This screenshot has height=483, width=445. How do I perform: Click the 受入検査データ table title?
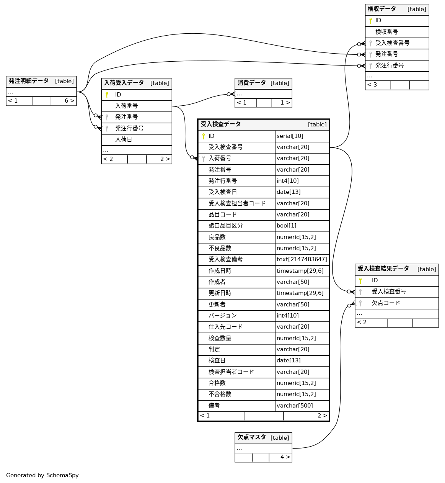[221, 124]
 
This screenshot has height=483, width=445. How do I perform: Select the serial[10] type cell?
[290, 136]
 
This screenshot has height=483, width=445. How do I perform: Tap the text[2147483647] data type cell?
[302, 259]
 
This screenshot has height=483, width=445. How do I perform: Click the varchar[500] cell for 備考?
[294, 405]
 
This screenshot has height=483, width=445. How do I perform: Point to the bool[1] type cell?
[286, 226]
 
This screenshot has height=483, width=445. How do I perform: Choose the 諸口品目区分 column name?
[225, 226]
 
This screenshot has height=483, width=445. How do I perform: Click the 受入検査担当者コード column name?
[236, 203]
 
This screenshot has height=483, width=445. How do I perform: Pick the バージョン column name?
[222, 316]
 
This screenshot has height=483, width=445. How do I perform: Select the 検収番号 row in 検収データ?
[386, 32]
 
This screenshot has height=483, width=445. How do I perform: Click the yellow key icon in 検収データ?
[370, 21]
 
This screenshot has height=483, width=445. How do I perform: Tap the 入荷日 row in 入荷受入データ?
[124, 139]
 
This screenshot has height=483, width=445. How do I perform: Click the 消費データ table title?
[251, 83]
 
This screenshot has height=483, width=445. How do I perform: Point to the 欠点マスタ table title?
[251, 437]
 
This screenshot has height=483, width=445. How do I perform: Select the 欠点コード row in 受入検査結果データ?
[386, 303]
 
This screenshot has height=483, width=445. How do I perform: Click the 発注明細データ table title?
[29, 81]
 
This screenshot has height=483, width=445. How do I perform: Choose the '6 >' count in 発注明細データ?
[69, 101]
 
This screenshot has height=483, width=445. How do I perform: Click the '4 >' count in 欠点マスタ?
[285, 457]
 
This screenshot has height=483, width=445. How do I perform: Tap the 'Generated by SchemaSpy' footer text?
[42, 475]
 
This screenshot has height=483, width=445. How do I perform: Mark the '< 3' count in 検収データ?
[372, 85]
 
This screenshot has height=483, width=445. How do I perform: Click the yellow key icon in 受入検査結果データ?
[360, 280]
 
